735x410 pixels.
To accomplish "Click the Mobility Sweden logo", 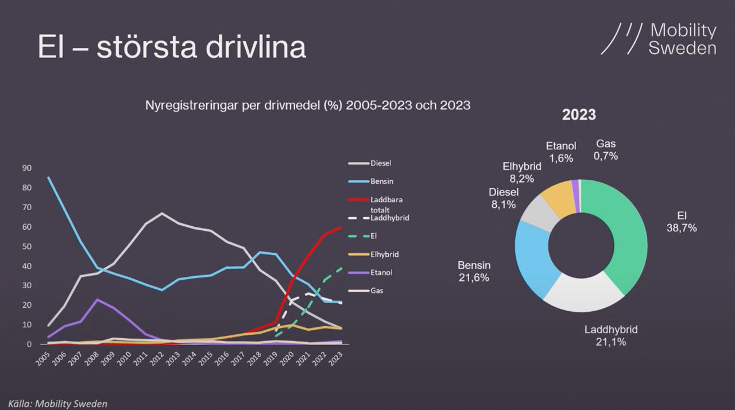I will click(x=659, y=39).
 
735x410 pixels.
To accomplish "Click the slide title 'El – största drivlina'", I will click(x=172, y=47).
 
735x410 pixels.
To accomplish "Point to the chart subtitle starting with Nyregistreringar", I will click(x=308, y=106).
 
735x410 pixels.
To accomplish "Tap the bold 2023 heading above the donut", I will click(x=579, y=114).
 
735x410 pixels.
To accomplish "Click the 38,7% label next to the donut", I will click(x=682, y=228).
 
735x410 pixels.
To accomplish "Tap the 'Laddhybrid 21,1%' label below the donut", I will click(x=611, y=336).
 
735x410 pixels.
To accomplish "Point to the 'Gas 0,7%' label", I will click(x=606, y=149).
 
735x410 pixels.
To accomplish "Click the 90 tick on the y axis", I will click(x=26, y=168).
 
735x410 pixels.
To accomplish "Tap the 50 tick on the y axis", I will click(x=26, y=246).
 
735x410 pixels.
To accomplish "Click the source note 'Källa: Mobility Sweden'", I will click(x=57, y=404).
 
